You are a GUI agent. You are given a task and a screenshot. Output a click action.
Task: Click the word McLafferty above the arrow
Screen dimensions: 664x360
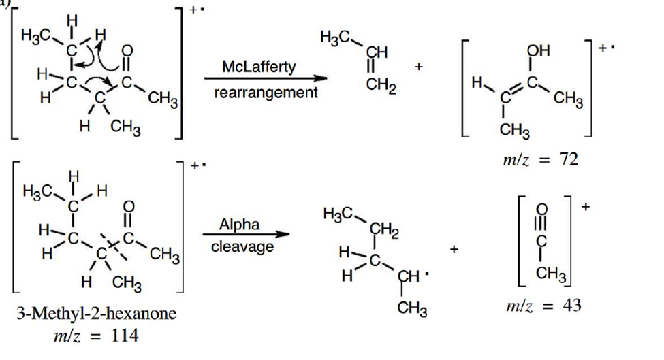[x=259, y=67]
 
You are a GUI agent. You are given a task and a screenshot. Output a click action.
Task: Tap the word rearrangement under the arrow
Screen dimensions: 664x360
[x=266, y=93]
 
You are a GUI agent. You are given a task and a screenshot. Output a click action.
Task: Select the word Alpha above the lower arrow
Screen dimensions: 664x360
[x=239, y=225]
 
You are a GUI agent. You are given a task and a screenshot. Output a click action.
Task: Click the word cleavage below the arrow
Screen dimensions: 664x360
[x=242, y=246]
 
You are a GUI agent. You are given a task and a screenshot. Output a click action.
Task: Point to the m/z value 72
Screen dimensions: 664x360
[x=568, y=159]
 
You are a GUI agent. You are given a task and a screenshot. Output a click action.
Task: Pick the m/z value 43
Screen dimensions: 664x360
[x=571, y=305]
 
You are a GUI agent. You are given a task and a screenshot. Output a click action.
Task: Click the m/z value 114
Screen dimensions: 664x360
[x=125, y=336]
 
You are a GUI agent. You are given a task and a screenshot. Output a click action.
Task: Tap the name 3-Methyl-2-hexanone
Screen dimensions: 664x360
[x=96, y=314]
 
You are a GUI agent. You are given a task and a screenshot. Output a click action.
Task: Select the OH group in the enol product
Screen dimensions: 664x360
[x=538, y=51]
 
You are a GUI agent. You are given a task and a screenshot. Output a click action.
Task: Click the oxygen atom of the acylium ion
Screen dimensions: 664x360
[x=541, y=210]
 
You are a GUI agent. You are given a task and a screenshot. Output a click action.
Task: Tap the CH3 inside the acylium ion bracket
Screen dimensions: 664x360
[x=550, y=274]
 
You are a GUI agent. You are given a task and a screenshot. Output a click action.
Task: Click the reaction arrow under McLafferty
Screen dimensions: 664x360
[x=266, y=78]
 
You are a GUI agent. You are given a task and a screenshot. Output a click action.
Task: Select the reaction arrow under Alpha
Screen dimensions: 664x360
[x=246, y=234]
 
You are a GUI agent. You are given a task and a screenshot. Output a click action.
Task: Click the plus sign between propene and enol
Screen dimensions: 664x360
[x=419, y=67]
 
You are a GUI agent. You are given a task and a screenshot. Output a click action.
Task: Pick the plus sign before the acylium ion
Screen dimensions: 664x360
[x=454, y=249]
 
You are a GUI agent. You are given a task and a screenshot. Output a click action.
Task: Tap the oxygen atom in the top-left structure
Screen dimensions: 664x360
[x=127, y=51]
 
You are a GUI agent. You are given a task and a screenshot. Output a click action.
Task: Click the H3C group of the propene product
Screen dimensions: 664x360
[x=335, y=37]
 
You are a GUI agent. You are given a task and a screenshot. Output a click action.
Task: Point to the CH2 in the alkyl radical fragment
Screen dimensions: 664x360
[x=384, y=231]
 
